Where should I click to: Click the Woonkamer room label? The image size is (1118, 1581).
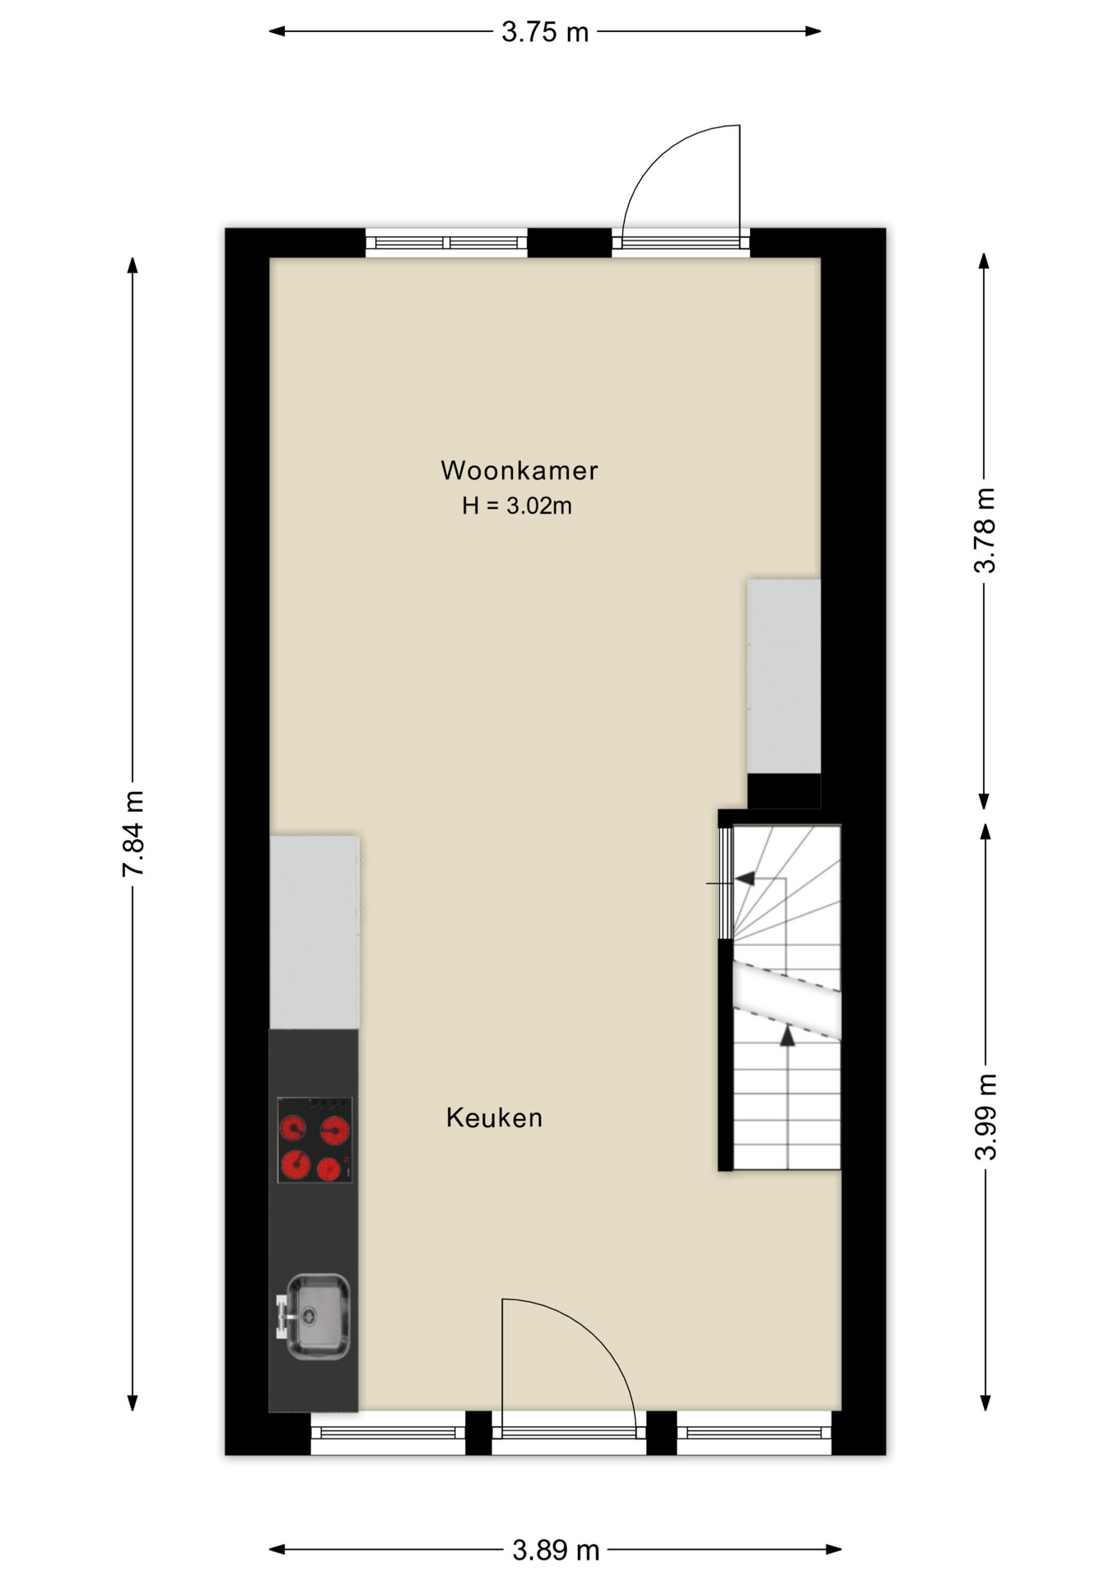519,470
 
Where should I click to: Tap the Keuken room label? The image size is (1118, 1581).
494,1117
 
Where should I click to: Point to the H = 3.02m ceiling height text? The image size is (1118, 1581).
517,506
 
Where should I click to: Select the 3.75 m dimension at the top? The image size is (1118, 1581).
545,32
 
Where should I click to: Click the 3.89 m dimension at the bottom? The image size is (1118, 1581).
556,1551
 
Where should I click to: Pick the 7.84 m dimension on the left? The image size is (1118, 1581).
133,833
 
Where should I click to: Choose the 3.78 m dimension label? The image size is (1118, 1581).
985,530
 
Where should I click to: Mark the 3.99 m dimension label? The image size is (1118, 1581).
985,1117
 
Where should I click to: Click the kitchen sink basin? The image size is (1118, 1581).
318,1315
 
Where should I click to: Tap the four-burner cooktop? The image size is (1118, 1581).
314,1140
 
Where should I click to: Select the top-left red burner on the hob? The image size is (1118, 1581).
293,1127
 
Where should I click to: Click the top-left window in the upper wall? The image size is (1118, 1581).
446,242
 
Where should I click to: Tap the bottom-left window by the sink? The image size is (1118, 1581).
388,1433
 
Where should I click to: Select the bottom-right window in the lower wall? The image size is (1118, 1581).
753,1433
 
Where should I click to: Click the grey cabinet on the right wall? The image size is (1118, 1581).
784,676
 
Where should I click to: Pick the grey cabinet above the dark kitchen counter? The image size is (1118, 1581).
314,932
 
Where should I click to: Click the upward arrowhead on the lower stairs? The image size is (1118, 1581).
788,1036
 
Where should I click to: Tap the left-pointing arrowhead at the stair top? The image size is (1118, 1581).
745,879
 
